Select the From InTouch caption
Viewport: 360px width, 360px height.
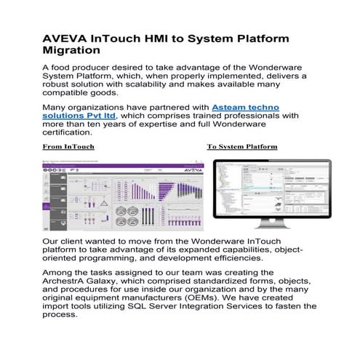68,147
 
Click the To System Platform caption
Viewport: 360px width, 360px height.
242,147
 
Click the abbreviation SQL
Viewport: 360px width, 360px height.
143,308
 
